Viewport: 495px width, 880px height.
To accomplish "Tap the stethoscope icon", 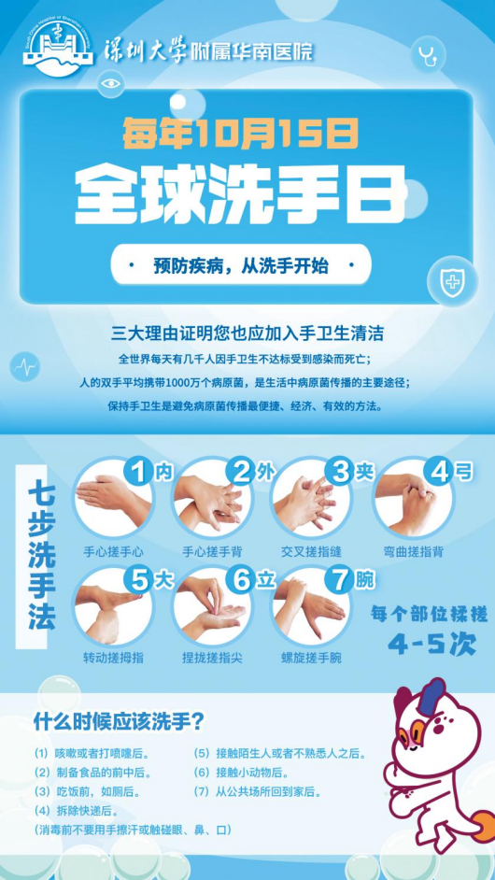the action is click(x=428, y=56).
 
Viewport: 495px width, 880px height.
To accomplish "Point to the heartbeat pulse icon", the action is click(x=26, y=367).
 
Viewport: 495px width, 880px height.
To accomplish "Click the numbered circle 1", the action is click(x=136, y=472).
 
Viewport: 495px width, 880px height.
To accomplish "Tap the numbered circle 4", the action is click(x=440, y=472).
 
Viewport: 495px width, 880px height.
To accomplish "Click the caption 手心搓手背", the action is click(x=212, y=552).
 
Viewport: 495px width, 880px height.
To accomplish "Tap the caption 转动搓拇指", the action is click(x=113, y=658).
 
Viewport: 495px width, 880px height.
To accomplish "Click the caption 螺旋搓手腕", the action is click(x=312, y=658).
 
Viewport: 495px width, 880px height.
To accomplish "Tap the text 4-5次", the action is click(x=432, y=645).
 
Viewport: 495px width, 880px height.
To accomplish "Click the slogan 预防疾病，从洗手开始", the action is click(x=241, y=266).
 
